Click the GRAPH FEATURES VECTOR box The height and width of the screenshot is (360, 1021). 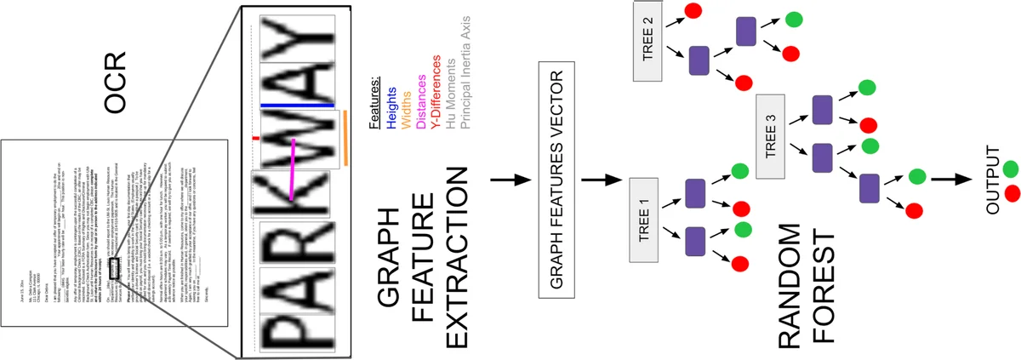(558, 180)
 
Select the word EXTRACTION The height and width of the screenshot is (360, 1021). (457, 256)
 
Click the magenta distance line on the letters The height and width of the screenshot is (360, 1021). (291, 170)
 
